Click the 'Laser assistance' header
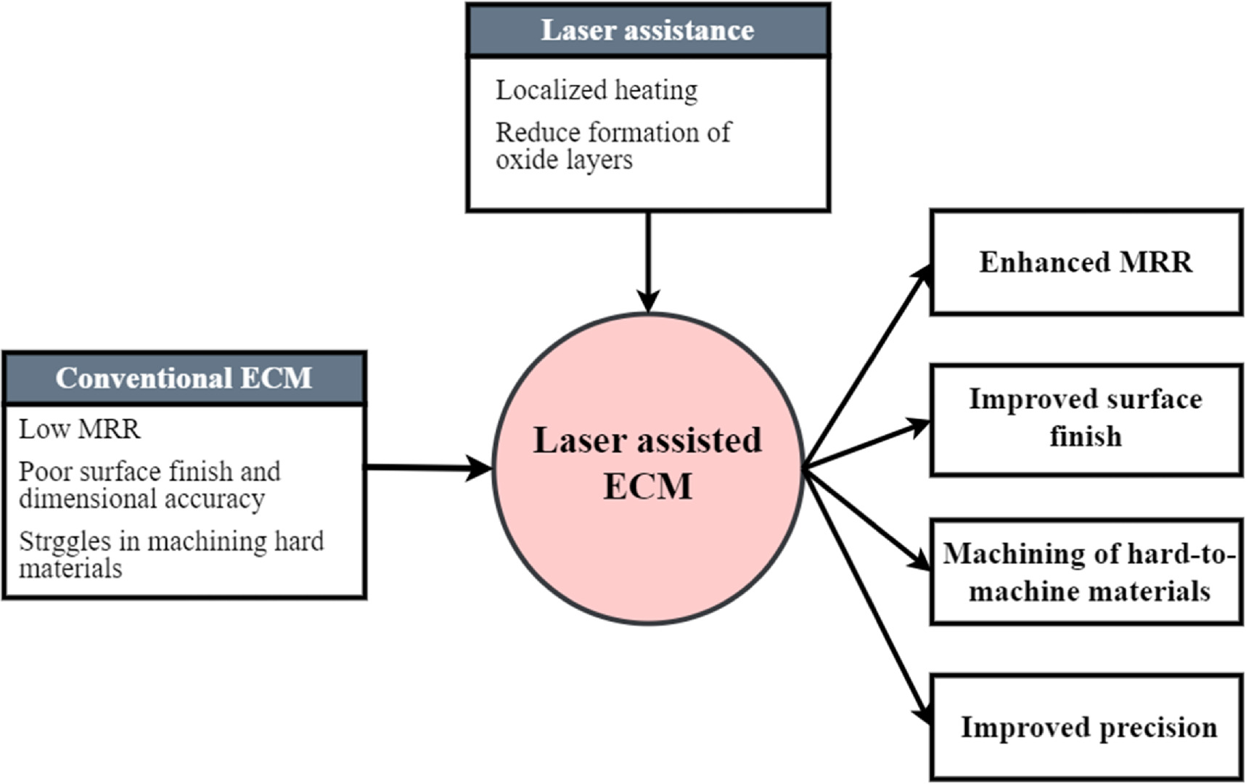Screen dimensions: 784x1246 [647, 30]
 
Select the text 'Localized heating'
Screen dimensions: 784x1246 [596, 91]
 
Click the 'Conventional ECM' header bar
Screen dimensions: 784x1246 [184, 378]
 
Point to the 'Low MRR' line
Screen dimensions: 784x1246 [79, 429]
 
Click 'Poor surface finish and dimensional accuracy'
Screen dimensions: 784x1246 [149, 485]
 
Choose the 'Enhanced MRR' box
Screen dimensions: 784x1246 [1086, 262]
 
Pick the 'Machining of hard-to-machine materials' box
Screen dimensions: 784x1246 [1086, 572]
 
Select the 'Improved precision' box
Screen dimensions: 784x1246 [1086, 727]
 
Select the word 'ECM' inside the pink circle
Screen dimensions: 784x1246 [647, 486]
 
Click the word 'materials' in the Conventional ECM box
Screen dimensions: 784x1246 [70, 568]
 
